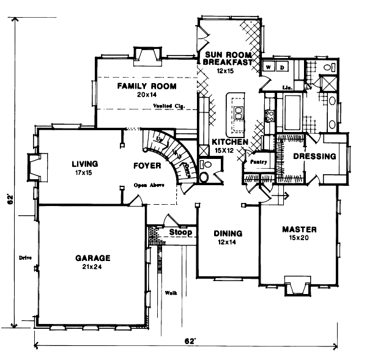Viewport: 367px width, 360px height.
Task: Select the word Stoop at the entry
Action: pos(181,233)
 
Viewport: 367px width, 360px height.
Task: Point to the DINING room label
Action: pos(228,233)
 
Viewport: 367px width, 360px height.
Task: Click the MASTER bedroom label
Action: pos(299,230)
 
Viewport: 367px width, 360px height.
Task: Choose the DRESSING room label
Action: pos(314,156)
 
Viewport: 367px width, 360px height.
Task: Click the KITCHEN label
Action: pos(230,142)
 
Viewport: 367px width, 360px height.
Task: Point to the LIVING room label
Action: pos(84,164)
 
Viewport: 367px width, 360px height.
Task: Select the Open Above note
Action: pos(149,185)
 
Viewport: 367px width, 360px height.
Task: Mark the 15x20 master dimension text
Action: pos(299,238)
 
